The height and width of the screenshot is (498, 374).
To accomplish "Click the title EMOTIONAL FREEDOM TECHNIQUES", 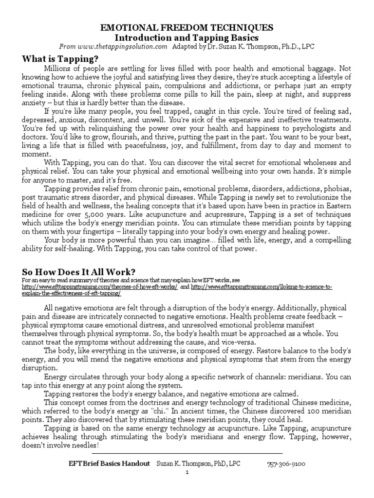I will [187, 28].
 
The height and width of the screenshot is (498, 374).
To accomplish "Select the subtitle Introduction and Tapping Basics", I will [187, 38].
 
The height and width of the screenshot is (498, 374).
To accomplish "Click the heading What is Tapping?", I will [63, 58].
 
